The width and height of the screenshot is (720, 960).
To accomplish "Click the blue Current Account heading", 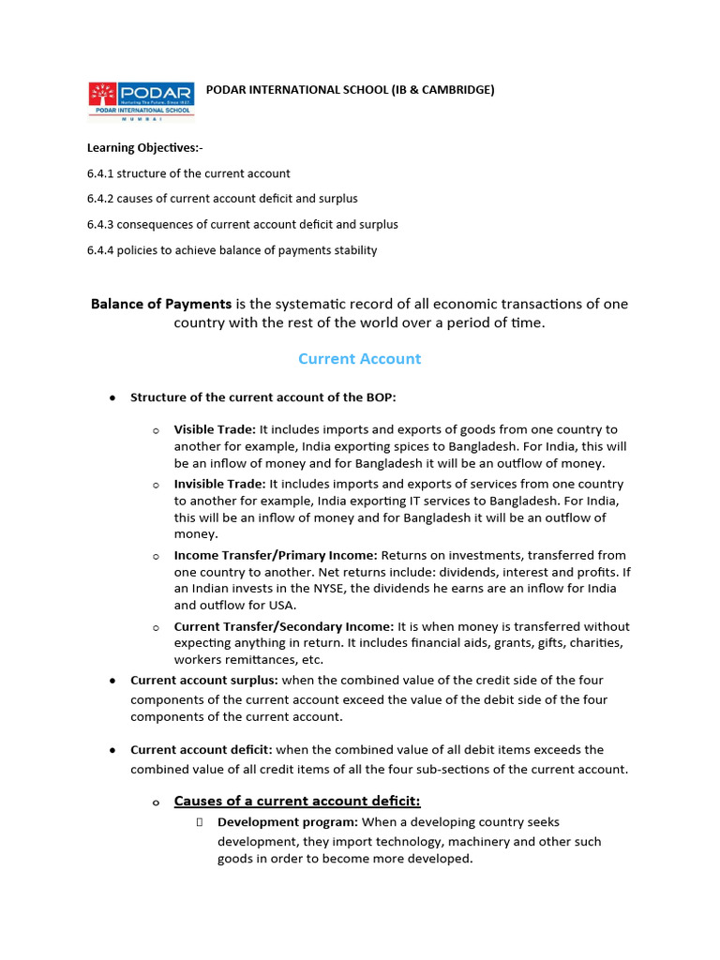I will pyautogui.click(x=359, y=359).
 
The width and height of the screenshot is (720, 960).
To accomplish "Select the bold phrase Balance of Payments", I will pyautogui.click(x=160, y=304).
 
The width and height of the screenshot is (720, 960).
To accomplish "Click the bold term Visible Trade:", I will pyautogui.click(x=215, y=429).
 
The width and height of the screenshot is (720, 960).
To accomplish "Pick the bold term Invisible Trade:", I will pyautogui.click(x=220, y=484).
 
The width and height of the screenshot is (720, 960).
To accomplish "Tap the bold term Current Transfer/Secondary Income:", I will pyautogui.click(x=284, y=626).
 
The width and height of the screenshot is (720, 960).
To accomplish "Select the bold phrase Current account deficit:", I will pyautogui.click(x=202, y=750).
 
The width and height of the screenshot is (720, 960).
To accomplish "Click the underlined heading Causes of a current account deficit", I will pyautogui.click(x=297, y=801).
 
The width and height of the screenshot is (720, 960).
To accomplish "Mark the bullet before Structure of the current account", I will pyautogui.click(x=112, y=398).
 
